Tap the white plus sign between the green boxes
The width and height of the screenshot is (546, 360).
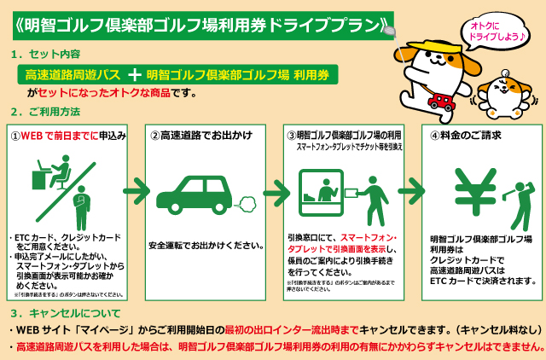[134, 75]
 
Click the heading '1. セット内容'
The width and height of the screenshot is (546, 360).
[48, 54]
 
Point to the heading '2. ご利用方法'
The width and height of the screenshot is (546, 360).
[47, 112]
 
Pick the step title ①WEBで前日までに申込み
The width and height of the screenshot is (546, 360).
[68, 135]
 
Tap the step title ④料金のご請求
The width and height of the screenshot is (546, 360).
[465, 135]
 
